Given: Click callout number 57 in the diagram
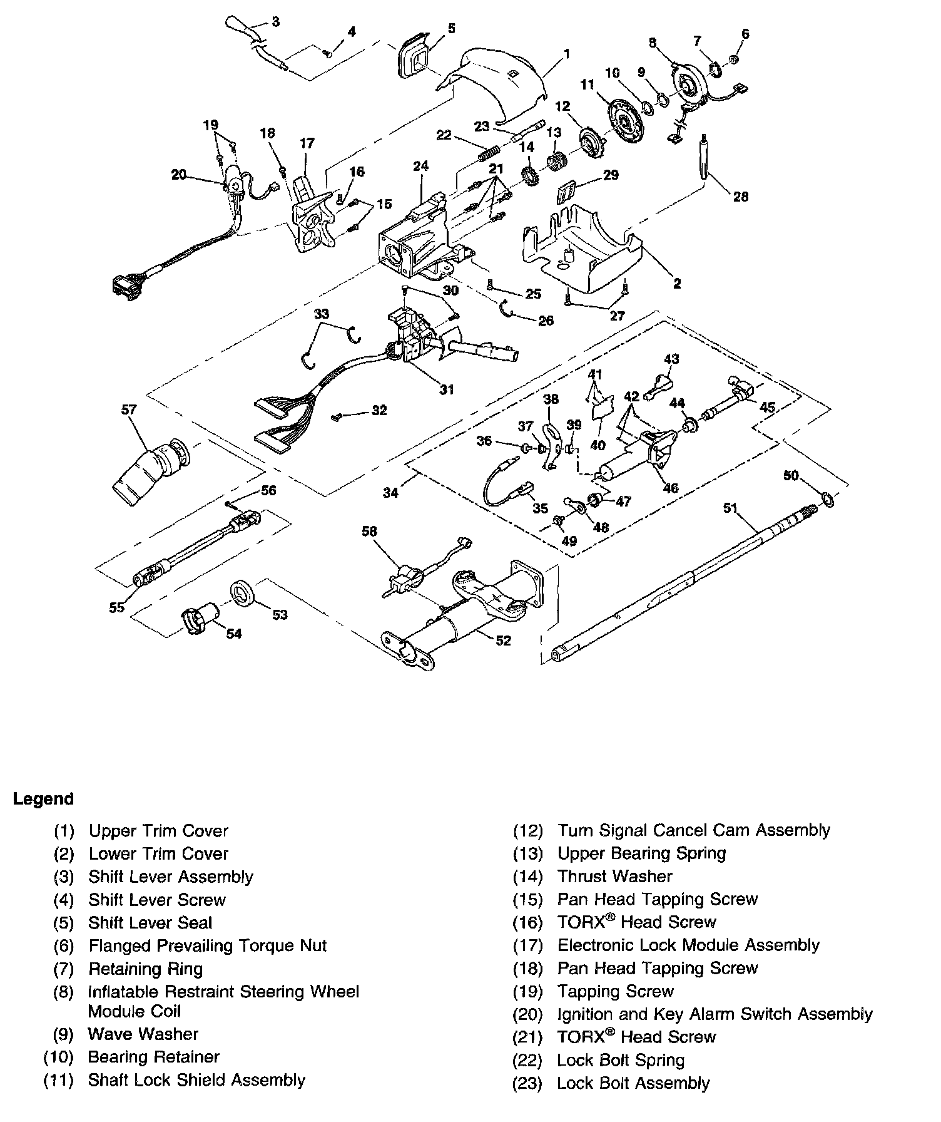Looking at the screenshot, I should pos(129,410).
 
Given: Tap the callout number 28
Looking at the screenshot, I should pos(741,197).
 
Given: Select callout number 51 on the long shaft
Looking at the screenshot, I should pos(731,508).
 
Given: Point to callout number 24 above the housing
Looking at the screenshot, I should pos(420,167).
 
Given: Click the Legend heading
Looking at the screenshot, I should pos(44,799).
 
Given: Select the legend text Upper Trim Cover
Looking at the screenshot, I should pos(158,831).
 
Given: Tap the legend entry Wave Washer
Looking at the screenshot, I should pos(143,1034).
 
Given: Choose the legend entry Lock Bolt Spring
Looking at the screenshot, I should pos(621,1060).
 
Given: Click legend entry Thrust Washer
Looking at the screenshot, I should pos(614,877).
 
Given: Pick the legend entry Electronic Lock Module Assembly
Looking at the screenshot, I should pos(688,945).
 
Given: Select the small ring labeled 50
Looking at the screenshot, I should pos(827,499).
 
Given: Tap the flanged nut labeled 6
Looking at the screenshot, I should pos(734,59).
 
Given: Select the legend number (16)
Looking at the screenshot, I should pos(527,922).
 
